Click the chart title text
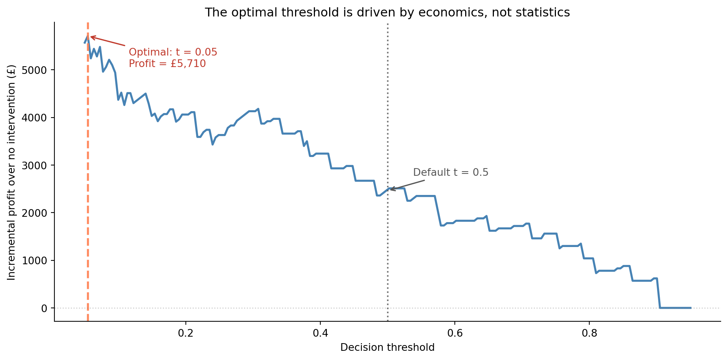pos(387,13)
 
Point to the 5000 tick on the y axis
pos(36,70)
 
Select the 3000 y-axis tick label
pos(36,165)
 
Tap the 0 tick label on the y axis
pos(44,308)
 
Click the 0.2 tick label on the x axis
pos(186,332)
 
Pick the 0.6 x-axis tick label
pos(455,332)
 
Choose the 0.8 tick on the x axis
pos(589,332)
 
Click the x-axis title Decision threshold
pos(387,347)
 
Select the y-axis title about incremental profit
pos(12,172)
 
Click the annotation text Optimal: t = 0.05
pos(173,52)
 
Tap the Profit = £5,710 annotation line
pos(167,64)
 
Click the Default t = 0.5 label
pos(451,172)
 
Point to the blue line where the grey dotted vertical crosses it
pos(388,189)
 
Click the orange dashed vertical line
pos(88,191)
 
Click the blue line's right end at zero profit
pos(690,308)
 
